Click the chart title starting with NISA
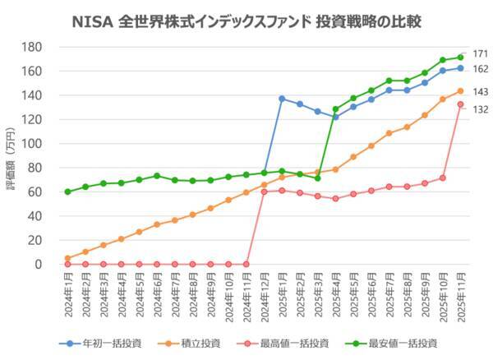tap(246, 17)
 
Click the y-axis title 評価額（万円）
tap(12, 155)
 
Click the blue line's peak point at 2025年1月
tap(282, 99)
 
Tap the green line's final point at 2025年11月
tap(460, 58)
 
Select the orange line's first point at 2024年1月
tap(67, 258)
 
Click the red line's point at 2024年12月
tap(264, 192)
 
